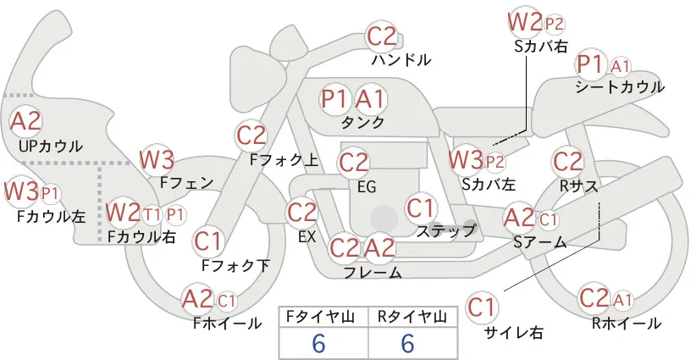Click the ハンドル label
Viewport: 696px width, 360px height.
(x=400, y=59)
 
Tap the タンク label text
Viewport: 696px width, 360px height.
(x=362, y=122)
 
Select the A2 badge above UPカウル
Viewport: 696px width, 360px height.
(x=25, y=121)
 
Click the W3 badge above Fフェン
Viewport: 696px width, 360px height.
(x=157, y=160)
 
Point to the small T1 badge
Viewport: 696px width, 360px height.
(x=152, y=215)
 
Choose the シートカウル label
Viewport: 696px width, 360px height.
(x=620, y=87)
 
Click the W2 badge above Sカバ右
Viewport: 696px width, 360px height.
(x=525, y=22)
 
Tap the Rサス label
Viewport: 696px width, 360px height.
(x=579, y=186)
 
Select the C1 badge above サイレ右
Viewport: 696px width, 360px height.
(x=482, y=307)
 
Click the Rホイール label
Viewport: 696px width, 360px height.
(x=627, y=324)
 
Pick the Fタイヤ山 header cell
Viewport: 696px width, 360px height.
(x=323, y=317)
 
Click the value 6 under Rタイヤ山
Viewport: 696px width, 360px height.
(x=407, y=343)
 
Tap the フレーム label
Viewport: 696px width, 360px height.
(x=373, y=272)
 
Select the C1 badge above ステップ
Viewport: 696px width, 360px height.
(x=420, y=208)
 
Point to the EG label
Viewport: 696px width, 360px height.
(x=367, y=187)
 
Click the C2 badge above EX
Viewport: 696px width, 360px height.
(x=302, y=212)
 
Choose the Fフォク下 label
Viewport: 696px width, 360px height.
(x=235, y=266)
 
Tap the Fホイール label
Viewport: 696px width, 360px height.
(x=228, y=324)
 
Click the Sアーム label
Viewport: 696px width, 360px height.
(x=540, y=242)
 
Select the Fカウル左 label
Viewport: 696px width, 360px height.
(x=52, y=217)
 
